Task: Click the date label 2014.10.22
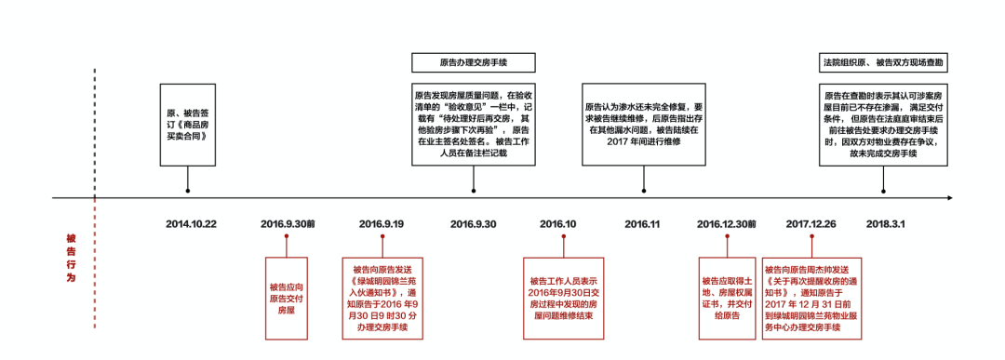(191, 224)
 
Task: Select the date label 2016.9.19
(382, 224)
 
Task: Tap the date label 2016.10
(558, 224)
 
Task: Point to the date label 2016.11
(642, 224)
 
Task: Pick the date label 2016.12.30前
(727, 224)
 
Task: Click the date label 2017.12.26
(811, 224)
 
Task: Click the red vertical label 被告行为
(71, 258)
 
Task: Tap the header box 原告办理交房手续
(474, 63)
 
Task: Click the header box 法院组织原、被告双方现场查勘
(882, 63)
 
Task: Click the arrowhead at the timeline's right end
(949, 197)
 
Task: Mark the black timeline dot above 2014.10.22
(189, 192)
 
